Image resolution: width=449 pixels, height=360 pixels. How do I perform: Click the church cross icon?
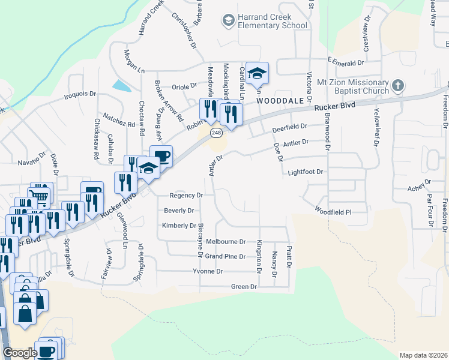coord(397,85)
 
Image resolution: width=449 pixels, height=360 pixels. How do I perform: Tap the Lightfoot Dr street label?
coord(306,172)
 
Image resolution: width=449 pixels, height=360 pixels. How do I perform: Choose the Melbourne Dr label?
coord(226,241)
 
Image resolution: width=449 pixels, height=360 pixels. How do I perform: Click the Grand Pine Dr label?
coord(225,256)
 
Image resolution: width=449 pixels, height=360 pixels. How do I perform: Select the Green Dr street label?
coord(244,287)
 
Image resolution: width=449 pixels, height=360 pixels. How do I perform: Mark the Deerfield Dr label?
coord(289,128)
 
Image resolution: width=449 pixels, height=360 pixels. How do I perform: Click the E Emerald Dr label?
coord(346,62)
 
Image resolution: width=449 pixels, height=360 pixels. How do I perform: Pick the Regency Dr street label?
coord(187,195)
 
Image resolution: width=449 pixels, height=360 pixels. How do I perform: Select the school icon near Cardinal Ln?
coord(257,73)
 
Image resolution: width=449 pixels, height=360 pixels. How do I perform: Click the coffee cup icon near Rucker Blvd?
coord(161,157)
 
